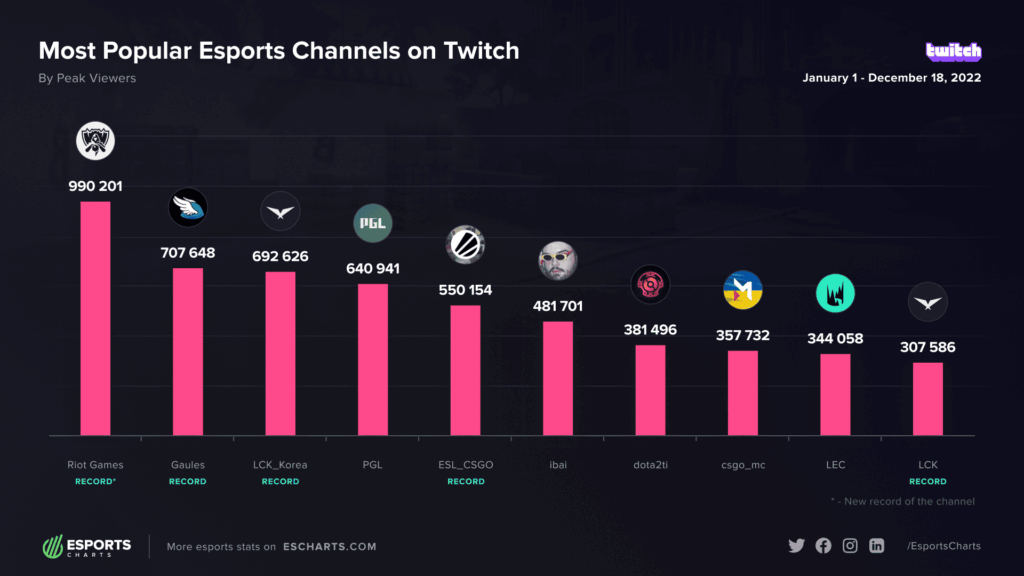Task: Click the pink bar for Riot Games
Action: click(95, 318)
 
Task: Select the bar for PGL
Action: click(372, 359)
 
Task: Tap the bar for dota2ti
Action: click(650, 390)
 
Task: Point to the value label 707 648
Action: click(187, 252)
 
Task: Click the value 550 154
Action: click(465, 289)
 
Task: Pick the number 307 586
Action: click(927, 347)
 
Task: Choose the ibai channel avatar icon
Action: click(557, 261)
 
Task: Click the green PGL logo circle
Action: click(372, 223)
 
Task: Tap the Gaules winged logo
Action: click(187, 207)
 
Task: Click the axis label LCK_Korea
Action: click(280, 465)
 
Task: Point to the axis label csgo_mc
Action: click(742, 465)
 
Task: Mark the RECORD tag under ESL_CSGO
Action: click(465, 482)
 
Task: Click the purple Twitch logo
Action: click(953, 51)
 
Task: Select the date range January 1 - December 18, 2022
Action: click(891, 78)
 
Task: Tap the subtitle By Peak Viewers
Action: click(87, 78)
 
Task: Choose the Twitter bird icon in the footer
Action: click(796, 546)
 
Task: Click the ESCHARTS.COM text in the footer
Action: click(328, 547)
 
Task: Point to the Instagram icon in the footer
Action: click(850, 546)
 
